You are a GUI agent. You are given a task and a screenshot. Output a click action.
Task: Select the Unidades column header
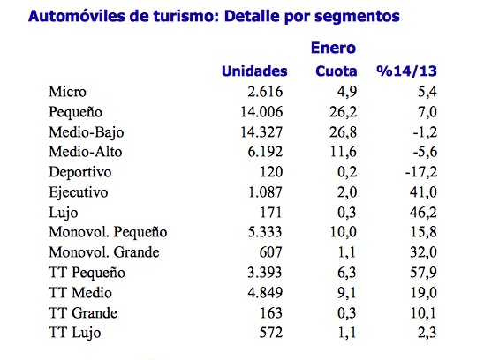coord(254,71)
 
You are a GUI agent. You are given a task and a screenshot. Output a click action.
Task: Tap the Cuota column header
coord(337,71)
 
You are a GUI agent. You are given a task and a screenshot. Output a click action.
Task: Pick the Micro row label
coord(67,91)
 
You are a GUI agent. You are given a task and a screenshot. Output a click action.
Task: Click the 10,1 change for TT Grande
coord(420,311)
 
